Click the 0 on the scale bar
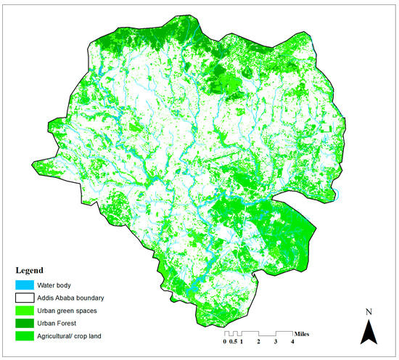[x=225, y=341]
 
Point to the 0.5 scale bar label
[x=233, y=341]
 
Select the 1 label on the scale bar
[x=242, y=341]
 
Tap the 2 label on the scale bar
[x=258, y=341]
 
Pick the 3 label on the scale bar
[x=276, y=341]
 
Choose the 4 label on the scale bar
[x=292, y=341]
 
